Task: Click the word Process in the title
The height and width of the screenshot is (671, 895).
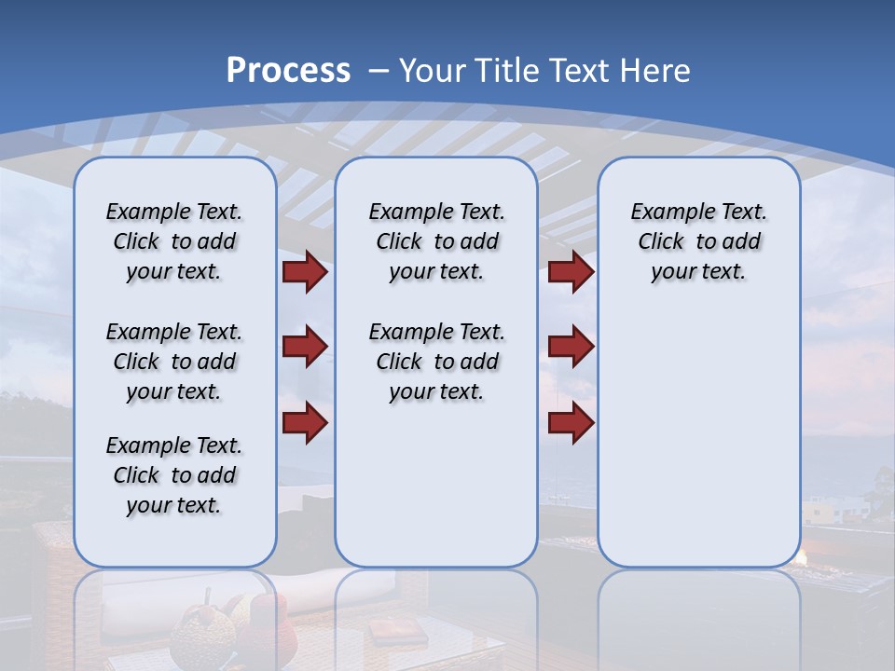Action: (x=288, y=71)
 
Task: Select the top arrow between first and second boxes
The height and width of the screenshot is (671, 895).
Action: (x=305, y=272)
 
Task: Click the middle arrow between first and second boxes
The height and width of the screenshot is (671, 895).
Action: (x=305, y=347)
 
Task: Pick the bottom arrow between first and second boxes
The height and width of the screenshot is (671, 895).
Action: (x=305, y=422)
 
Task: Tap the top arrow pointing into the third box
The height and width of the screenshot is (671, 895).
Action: (x=571, y=272)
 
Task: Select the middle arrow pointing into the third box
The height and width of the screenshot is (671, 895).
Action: (x=571, y=347)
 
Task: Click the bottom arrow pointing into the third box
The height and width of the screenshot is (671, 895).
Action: (x=571, y=422)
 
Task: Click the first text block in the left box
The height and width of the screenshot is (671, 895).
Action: (x=174, y=241)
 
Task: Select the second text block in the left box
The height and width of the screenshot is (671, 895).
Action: (x=174, y=362)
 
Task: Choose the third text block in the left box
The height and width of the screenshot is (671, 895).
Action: (x=174, y=475)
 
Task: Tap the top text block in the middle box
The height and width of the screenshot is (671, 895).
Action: (x=436, y=241)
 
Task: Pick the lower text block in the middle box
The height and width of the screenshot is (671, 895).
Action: (x=436, y=362)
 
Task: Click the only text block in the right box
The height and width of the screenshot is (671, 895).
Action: (x=698, y=241)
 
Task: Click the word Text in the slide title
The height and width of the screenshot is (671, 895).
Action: (x=581, y=71)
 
